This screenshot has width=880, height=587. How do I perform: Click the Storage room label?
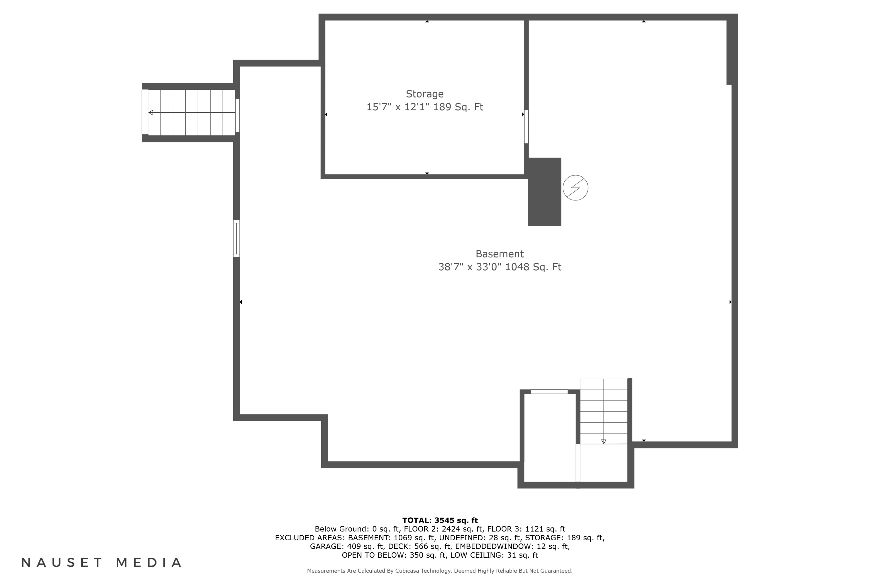[x=425, y=94]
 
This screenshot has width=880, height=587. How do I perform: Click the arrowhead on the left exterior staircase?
[x=151, y=113]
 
